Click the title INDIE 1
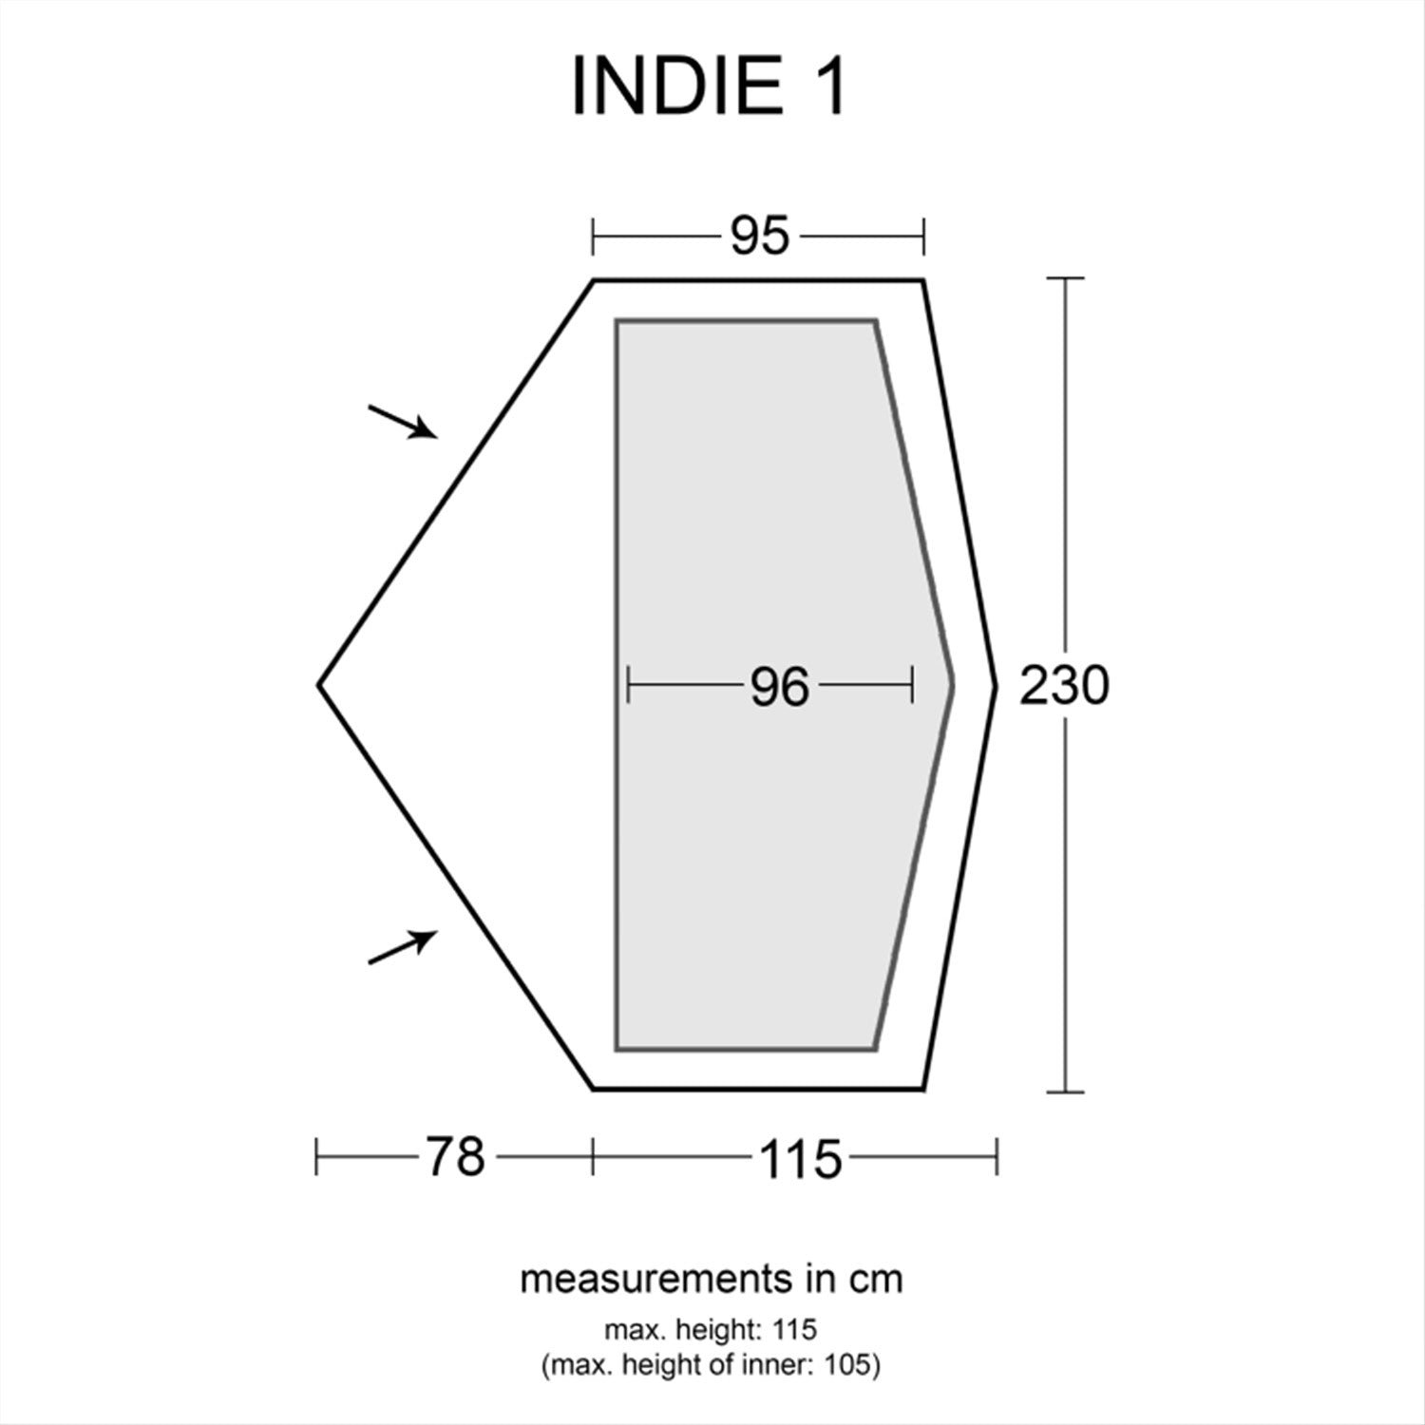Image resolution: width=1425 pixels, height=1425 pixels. [x=708, y=87]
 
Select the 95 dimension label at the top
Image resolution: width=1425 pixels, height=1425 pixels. [x=759, y=236]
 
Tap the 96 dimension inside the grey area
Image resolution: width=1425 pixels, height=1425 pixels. [x=779, y=687]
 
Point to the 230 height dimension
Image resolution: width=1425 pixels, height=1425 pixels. [x=1064, y=685]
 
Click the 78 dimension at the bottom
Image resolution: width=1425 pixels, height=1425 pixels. [x=455, y=1157]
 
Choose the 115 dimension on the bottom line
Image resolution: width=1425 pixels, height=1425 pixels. [x=800, y=1159]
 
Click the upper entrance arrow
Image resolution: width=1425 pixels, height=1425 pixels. [x=404, y=421]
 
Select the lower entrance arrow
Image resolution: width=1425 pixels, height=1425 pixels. [x=404, y=946]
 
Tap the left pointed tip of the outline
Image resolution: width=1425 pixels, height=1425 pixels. [x=320, y=684]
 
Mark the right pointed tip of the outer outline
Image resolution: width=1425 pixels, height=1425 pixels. [x=996, y=684]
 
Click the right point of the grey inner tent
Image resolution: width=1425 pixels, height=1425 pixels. [x=952, y=683]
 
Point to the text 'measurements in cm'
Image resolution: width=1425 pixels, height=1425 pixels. [x=712, y=1280]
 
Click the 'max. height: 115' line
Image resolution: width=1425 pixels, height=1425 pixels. [x=711, y=1328]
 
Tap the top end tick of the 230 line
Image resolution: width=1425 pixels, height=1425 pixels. [x=1065, y=278]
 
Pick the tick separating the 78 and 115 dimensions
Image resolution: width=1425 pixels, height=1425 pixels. [x=593, y=1157]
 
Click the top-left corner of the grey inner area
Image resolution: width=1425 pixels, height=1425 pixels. [x=617, y=321]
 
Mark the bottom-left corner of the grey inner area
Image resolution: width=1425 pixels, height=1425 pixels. [x=617, y=1049]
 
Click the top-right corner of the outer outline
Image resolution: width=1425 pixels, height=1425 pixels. [x=922, y=280]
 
